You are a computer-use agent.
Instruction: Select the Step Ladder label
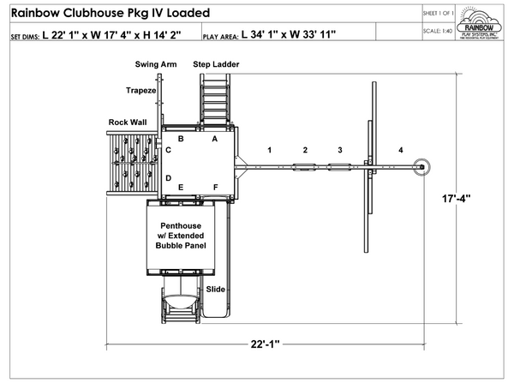click(216, 64)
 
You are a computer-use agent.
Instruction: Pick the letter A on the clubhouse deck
click(215, 138)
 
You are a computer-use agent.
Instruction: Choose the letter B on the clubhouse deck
click(181, 138)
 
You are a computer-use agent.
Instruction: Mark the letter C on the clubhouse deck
click(169, 151)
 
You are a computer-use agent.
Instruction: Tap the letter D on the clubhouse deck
click(169, 178)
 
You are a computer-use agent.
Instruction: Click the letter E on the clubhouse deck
click(181, 187)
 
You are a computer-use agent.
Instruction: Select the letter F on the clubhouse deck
click(215, 187)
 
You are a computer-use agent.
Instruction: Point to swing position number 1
click(269, 150)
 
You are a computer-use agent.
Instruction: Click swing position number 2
click(304, 150)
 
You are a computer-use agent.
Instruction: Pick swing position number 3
click(339, 150)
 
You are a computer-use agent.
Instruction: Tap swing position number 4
click(400, 150)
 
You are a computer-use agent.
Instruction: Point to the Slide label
click(215, 290)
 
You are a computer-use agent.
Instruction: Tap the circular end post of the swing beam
click(421, 167)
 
